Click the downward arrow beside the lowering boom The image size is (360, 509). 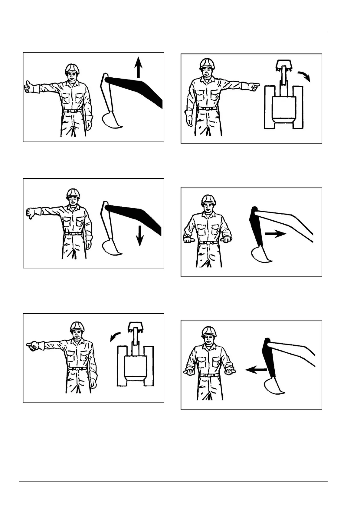pyautogui.click(x=139, y=235)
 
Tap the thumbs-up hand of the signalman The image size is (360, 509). pyautogui.click(x=28, y=87)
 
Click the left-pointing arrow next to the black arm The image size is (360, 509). pyautogui.click(x=255, y=369)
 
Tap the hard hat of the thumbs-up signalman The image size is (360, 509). pyautogui.click(x=72, y=69)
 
